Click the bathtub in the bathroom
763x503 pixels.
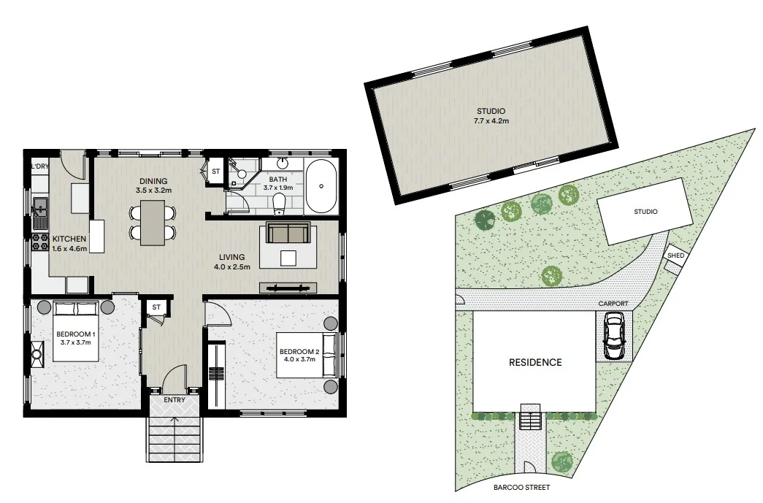click(321, 185)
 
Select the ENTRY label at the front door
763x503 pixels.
click(175, 401)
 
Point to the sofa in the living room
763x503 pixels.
click(288, 234)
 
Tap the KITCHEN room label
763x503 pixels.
click(69, 239)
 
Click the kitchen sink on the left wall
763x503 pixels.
click(39, 208)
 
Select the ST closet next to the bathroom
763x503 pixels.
click(215, 172)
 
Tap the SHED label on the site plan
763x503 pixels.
click(675, 256)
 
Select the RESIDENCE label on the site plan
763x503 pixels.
click(535, 362)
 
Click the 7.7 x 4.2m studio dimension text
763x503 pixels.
click(492, 120)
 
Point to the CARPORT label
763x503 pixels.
click(613, 303)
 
